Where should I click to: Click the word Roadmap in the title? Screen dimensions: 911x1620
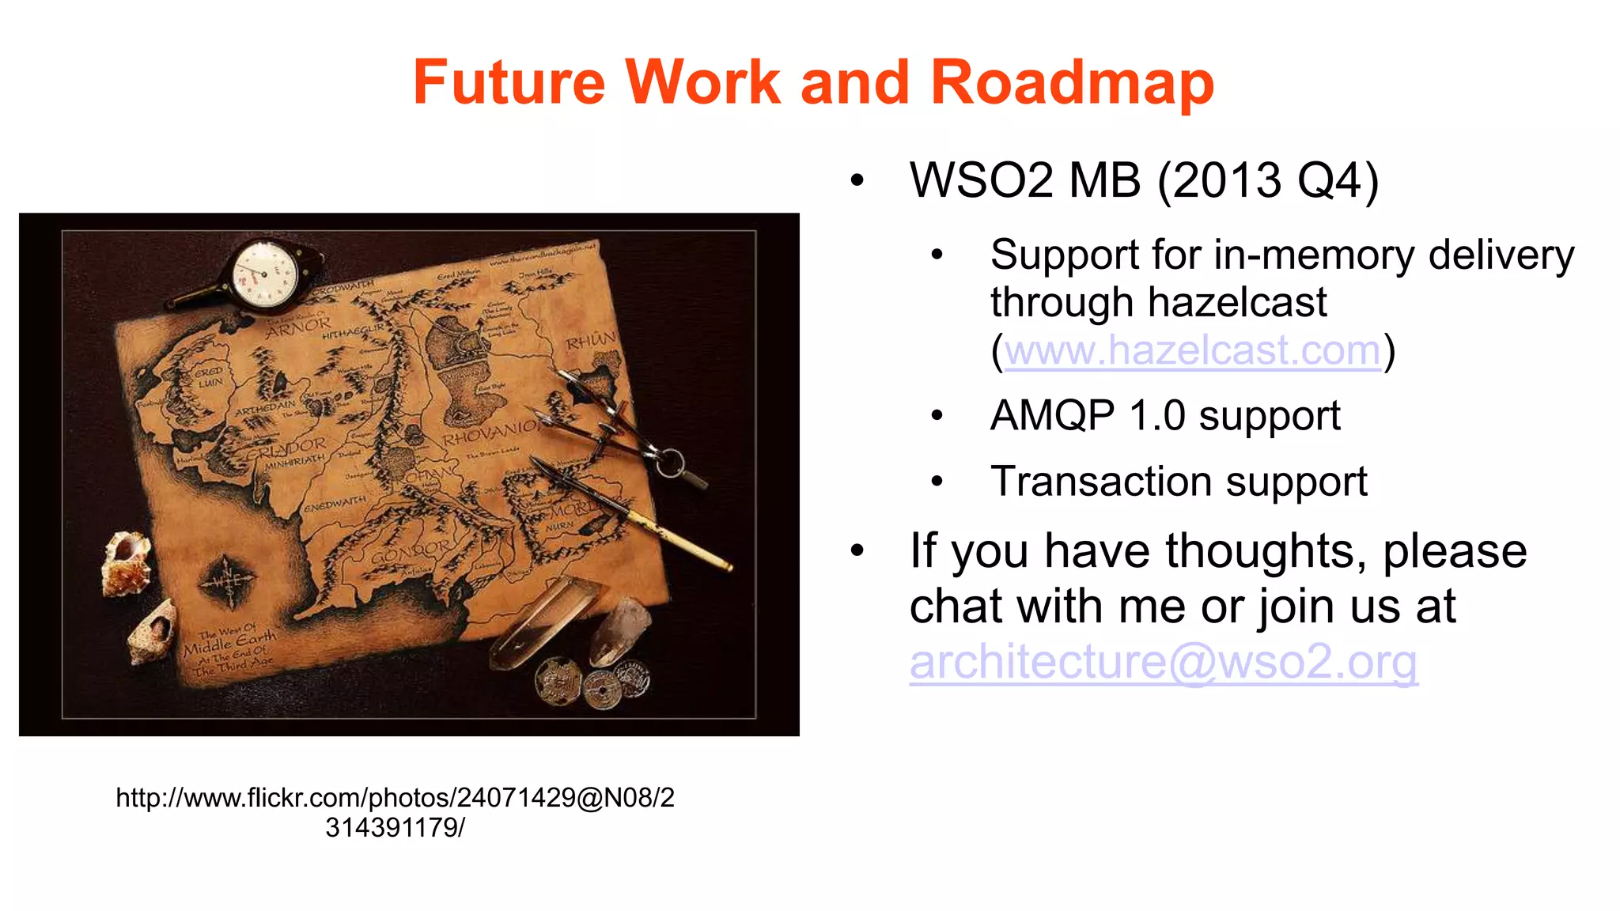(x=1072, y=82)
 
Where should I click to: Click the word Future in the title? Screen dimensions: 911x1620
(x=509, y=82)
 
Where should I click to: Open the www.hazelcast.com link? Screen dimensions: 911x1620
(x=1192, y=350)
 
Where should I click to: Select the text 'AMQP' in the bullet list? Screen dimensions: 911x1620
(x=1052, y=415)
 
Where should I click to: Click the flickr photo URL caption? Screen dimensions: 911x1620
(x=396, y=812)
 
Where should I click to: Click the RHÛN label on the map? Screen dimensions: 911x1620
(x=589, y=342)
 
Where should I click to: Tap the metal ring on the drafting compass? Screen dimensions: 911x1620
(x=670, y=462)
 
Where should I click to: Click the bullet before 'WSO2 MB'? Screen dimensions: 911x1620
(x=857, y=181)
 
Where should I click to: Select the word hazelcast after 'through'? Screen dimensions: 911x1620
(x=1237, y=303)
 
